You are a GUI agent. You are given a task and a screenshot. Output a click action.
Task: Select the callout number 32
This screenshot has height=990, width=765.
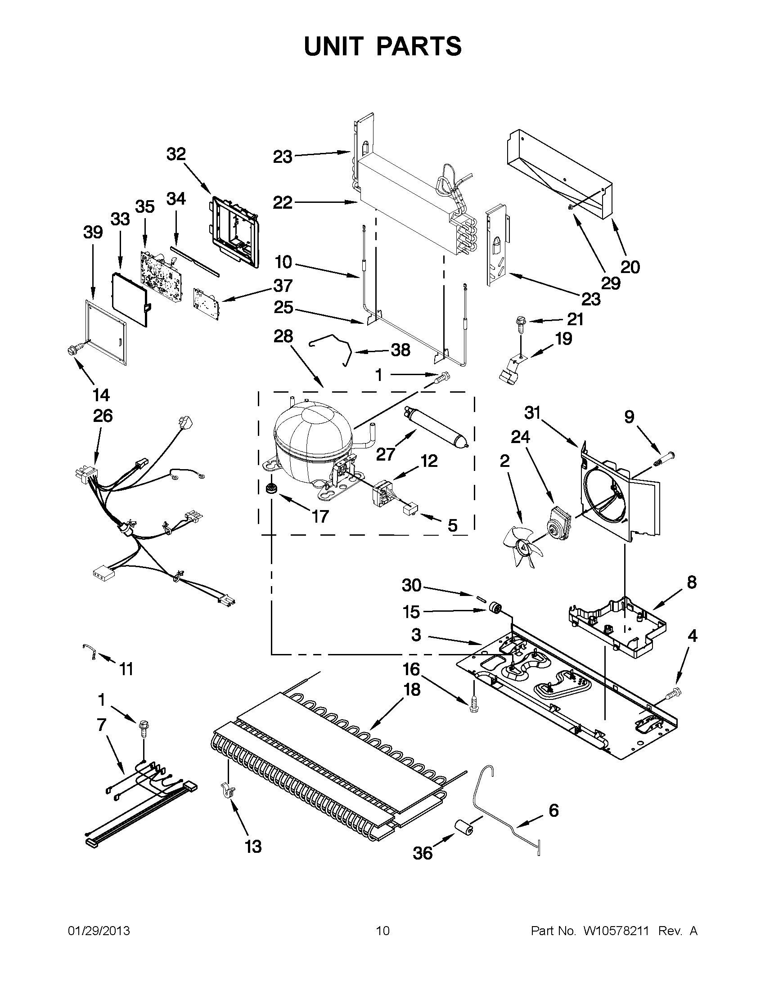pos(176,154)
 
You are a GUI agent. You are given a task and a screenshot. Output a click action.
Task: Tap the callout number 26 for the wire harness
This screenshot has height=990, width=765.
pos(103,416)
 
